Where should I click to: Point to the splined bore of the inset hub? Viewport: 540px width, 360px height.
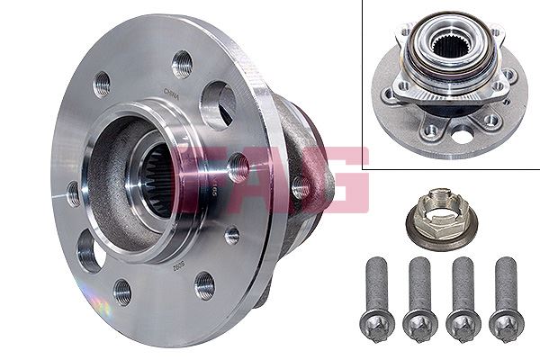click(448, 45)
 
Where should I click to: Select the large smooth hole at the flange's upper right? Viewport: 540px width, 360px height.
click(219, 103)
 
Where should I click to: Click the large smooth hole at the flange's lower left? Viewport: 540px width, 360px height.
click(90, 249)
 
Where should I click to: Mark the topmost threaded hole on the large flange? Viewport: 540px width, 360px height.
click(182, 64)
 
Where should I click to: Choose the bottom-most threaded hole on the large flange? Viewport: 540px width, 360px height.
click(204, 285)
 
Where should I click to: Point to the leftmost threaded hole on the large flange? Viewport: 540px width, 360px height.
click(72, 192)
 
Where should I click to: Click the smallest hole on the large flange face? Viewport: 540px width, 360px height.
click(231, 235)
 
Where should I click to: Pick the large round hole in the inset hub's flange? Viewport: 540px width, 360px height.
click(463, 136)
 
